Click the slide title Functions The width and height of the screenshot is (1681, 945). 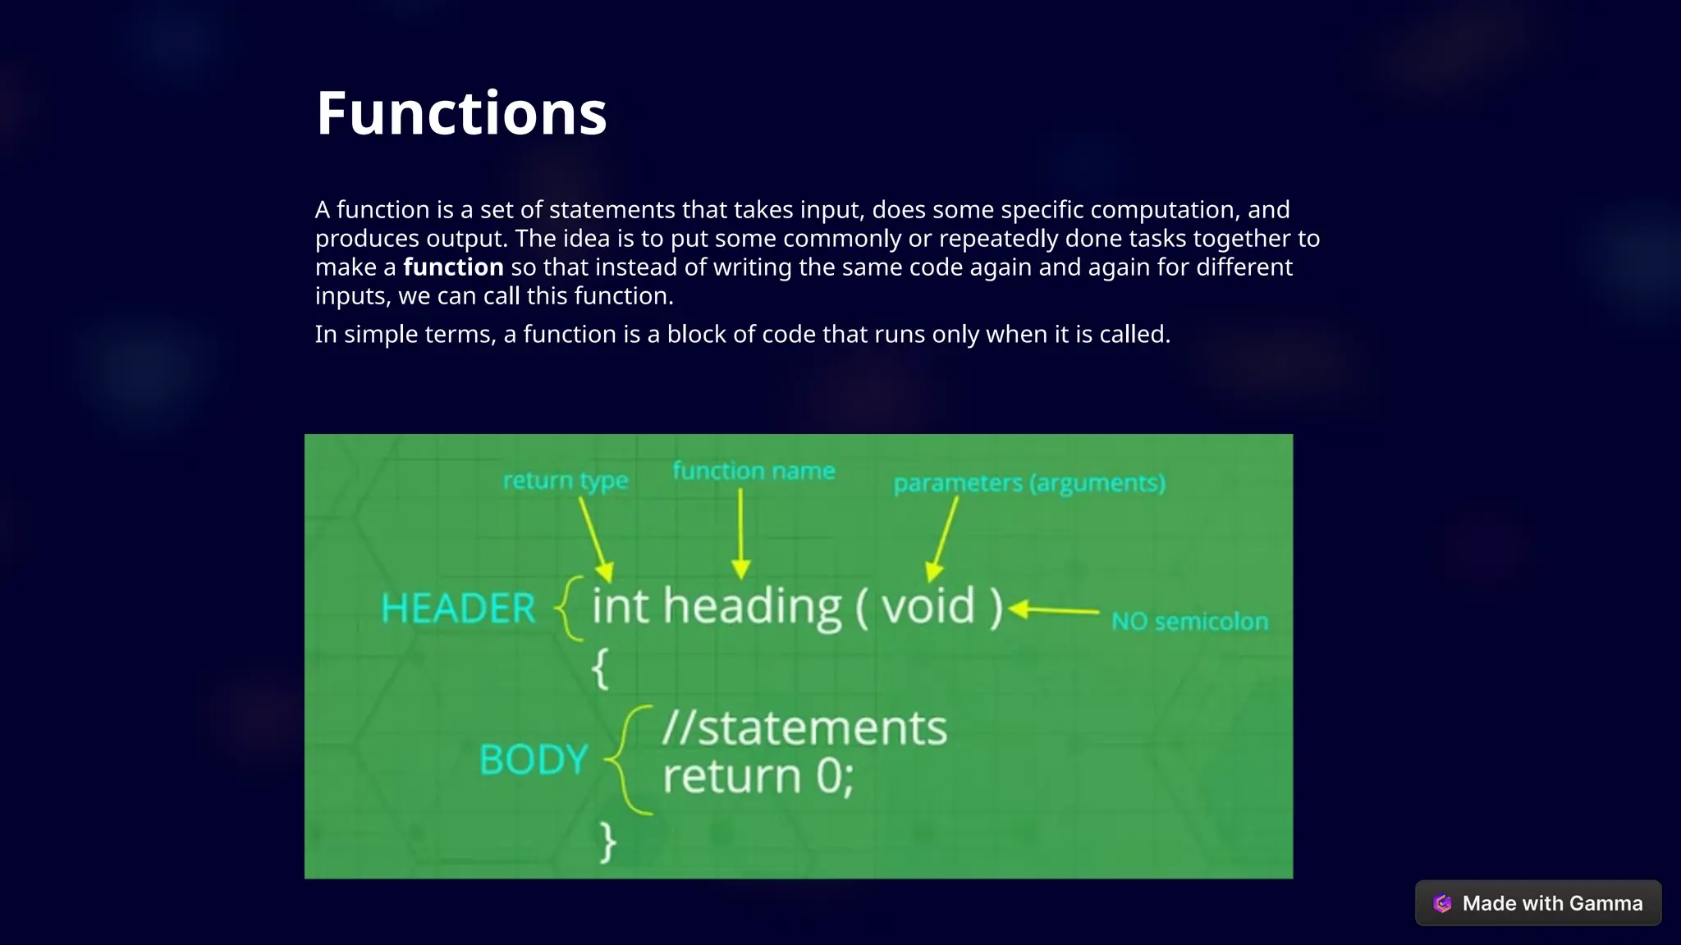point(461,113)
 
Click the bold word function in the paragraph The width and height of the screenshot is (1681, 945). point(453,267)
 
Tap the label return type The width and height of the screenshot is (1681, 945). point(566,481)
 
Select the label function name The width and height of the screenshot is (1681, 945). point(753,472)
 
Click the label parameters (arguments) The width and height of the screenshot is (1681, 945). point(1029,483)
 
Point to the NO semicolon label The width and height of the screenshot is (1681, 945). point(1189,622)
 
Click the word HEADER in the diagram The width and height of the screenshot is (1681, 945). point(458,609)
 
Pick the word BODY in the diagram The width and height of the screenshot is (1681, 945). point(534,760)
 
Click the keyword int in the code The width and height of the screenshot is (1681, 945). point(621,606)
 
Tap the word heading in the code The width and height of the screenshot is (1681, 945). point(752,608)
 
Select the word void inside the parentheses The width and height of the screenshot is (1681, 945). point(928,606)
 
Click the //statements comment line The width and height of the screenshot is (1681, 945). point(804,728)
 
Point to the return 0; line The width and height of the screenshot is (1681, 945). point(758,776)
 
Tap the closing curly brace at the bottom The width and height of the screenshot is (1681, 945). point(607,842)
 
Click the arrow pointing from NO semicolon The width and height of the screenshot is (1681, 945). point(1055,610)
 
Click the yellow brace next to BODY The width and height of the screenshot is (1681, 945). point(629,760)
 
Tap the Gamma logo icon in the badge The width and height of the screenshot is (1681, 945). point(1442,903)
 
